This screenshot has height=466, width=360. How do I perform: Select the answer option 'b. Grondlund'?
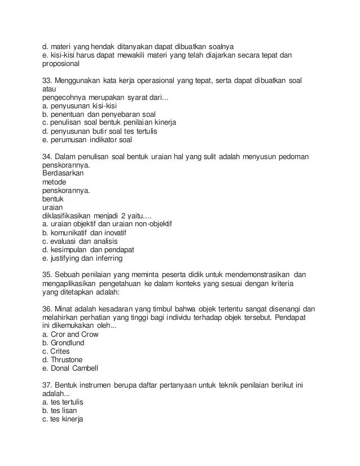point(65,343)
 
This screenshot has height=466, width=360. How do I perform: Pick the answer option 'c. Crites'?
point(56,351)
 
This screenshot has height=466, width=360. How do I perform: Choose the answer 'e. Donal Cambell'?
point(71,368)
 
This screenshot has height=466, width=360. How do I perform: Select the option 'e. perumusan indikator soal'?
point(87,139)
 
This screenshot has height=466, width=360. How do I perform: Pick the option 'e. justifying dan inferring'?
point(82,258)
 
